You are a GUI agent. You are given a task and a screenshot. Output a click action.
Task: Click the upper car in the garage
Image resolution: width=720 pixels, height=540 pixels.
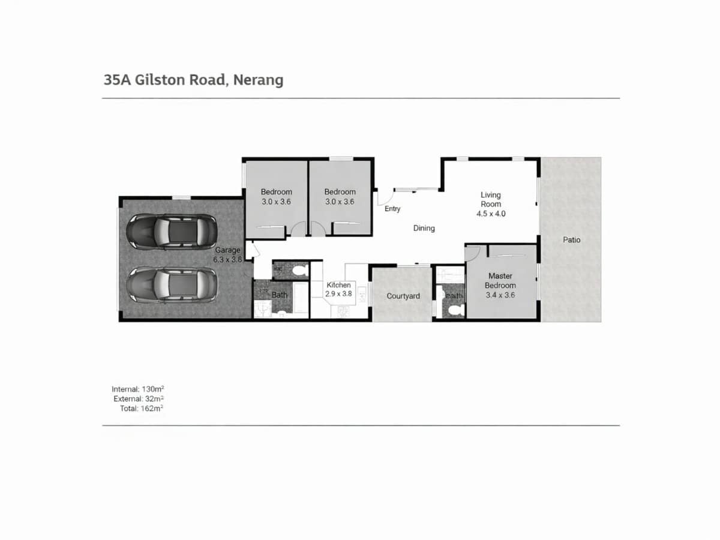(172, 230)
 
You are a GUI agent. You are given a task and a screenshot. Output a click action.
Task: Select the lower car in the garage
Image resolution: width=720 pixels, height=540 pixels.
(172, 284)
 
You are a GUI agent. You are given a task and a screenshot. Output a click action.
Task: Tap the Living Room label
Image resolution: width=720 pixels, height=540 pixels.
(490, 204)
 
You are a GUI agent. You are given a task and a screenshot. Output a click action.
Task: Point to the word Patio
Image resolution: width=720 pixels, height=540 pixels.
(571, 240)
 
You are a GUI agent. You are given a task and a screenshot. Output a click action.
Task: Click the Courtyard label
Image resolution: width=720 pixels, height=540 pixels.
(403, 296)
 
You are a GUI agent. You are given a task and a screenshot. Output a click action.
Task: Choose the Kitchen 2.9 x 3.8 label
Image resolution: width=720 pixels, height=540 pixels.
(338, 289)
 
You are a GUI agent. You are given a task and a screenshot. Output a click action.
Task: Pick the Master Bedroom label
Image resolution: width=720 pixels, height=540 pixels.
(500, 285)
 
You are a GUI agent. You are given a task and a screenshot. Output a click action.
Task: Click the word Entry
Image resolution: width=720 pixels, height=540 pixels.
(392, 209)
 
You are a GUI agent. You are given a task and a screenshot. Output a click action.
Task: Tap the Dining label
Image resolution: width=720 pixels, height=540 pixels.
(424, 228)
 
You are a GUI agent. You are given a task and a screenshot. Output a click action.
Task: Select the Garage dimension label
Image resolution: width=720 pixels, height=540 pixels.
(228, 255)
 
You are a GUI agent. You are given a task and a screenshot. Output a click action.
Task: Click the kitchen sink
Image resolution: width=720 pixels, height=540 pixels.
(361, 294)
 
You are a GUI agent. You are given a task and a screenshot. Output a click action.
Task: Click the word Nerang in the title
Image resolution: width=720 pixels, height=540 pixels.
(258, 80)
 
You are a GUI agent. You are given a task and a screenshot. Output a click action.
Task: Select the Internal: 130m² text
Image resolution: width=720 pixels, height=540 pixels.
(137, 389)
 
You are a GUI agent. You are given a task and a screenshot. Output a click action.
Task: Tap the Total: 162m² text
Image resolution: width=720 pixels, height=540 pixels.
(142, 408)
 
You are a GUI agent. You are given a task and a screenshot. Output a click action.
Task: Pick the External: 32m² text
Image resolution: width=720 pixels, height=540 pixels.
(139, 398)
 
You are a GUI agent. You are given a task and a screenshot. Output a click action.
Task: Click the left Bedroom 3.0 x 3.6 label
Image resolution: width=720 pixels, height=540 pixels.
(276, 197)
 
